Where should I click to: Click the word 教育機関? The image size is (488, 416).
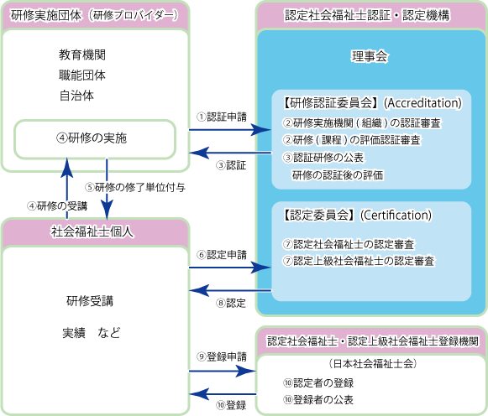pos(81,55)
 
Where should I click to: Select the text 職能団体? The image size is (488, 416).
pos(81,75)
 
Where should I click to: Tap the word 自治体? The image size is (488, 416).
pos(76,96)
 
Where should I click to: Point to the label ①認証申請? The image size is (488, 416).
pos(221,116)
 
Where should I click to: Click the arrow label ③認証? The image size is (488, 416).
pos(231,165)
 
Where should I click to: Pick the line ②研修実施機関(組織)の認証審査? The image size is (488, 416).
pos(361,123)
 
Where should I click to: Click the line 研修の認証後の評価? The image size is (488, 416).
pos(337,174)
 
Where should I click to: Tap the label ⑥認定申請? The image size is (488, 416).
pos(221,254)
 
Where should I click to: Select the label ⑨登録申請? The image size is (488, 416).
pos(221,356)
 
